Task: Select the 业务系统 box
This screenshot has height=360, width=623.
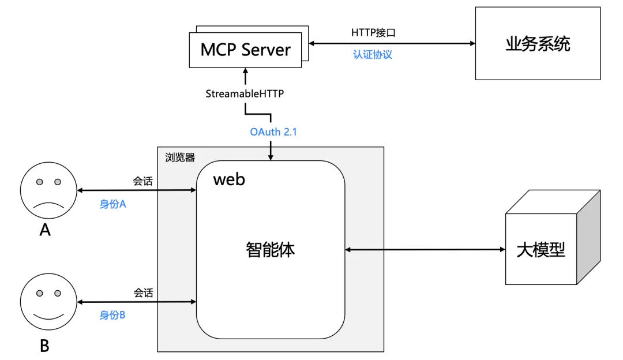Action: coord(538,44)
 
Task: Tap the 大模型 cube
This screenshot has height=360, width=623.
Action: coord(541,249)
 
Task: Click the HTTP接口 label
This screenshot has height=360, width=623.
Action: coord(373,32)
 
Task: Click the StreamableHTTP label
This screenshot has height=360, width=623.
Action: coord(245,93)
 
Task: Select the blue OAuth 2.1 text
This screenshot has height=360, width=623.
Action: coord(273,132)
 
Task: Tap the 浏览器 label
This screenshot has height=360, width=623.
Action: coord(180,157)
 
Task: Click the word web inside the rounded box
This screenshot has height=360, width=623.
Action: coord(229,179)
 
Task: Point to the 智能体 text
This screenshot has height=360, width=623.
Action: coord(271,249)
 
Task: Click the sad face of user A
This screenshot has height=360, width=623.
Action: coord(48,190)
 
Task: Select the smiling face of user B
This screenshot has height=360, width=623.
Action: coord(48,302)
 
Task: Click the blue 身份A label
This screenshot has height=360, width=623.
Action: coord(112,204)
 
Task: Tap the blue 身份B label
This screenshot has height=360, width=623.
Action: coord(112,315)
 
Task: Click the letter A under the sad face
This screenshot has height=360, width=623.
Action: coord(45,231)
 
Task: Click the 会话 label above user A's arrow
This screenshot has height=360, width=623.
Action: coord(143,181)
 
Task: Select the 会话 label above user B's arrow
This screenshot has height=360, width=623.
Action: coord(143,293)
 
